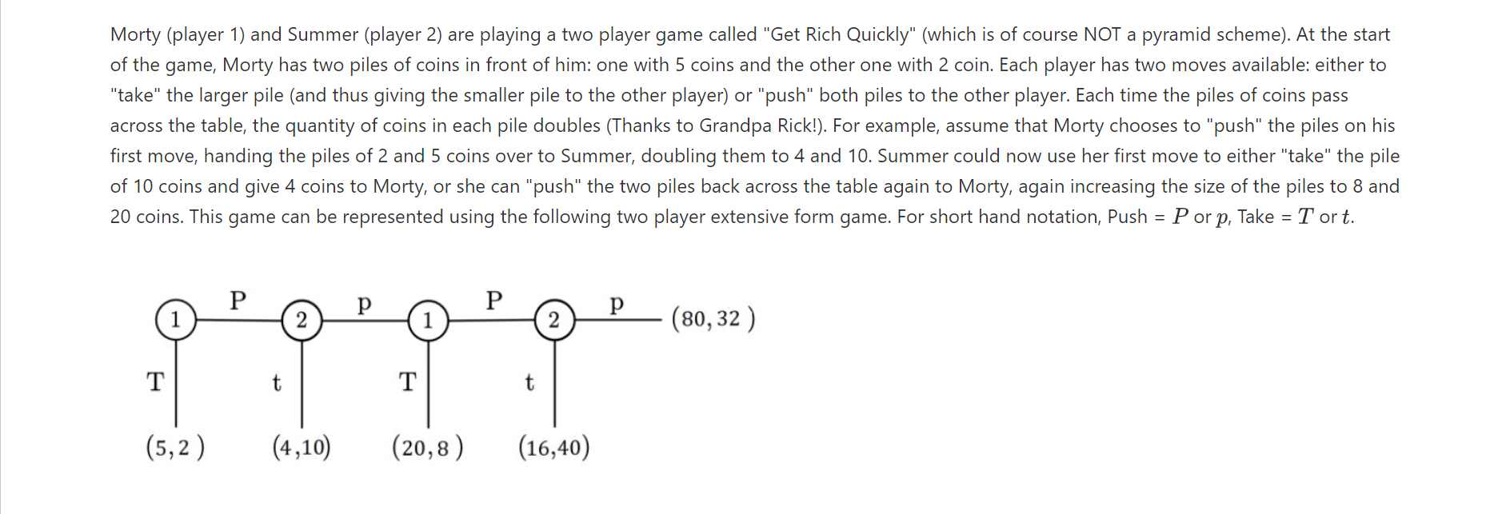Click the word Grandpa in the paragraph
[735, 126]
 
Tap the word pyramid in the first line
[1173, 34]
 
